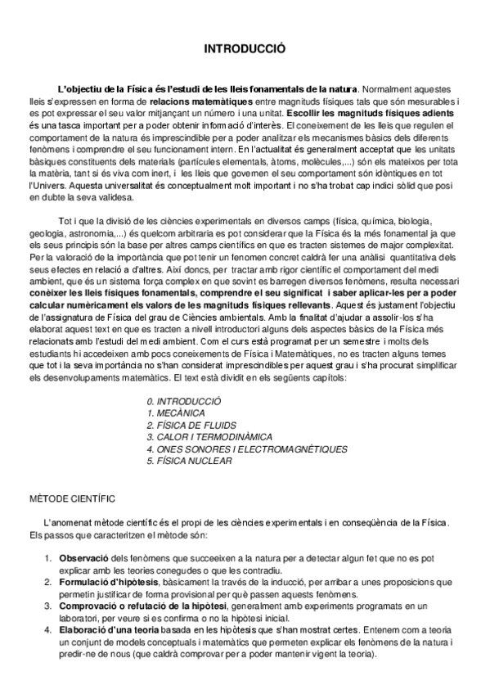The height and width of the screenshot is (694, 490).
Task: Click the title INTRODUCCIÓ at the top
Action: [x=245, y=49]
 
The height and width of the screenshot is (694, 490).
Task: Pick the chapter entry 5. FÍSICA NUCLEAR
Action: [x=189, y=461]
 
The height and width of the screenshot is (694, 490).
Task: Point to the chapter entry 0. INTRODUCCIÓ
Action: [x=184, y=402]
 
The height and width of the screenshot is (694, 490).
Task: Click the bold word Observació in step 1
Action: [x=82, y=557]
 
